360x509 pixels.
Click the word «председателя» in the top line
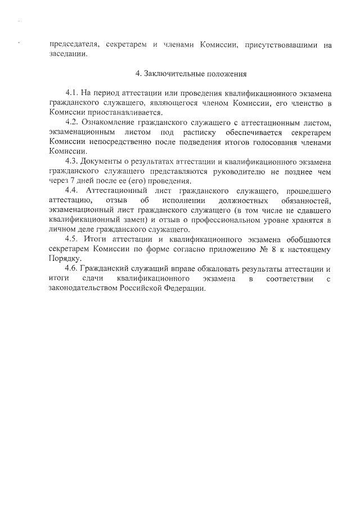coord(73,44)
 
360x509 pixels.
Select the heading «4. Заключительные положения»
coord(191,74)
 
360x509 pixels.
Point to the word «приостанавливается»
coord(120,112)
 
